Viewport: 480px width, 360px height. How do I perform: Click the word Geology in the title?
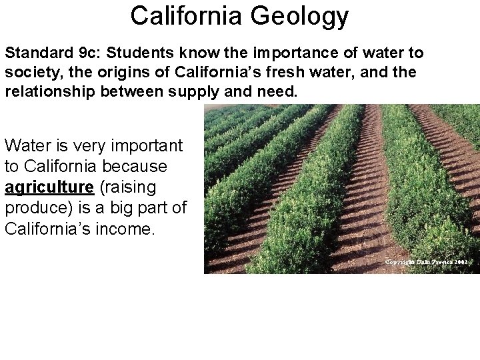click(x=301, y=17)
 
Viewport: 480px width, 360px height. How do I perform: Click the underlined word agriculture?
click(x=45, y=187)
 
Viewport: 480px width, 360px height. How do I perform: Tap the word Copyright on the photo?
click(x=401, y=262)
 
